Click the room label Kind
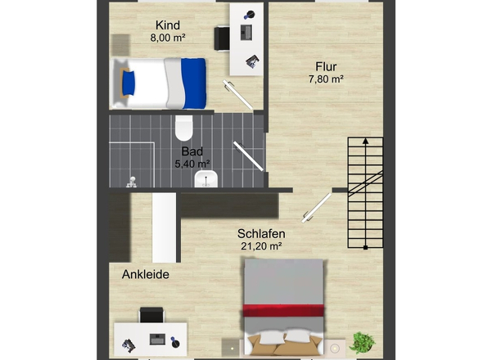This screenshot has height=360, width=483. (168, 25)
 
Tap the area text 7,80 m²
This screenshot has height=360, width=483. (326, 79)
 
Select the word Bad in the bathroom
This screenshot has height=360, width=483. (192, 151)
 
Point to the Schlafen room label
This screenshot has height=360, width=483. (261, 234)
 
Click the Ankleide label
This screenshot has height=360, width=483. (146, 274)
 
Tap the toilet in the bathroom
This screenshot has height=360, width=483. (184, 128)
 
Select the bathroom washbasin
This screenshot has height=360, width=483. (206, 179)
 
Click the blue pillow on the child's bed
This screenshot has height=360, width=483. (129, 83)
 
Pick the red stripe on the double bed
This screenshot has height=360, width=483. (283, 310)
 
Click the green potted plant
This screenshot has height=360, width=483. (362, 343)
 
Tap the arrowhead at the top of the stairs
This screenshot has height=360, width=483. (365, 141)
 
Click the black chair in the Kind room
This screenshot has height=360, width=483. (222, 38)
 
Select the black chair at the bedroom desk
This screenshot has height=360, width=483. (151, 314)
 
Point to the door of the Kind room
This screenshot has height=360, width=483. (237, 95)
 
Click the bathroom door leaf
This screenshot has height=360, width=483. (248, 156)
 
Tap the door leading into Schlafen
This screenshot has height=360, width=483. (317, 208)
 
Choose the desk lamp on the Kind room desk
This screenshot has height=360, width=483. (250, 15)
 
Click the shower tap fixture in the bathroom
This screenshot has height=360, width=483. (132, 182)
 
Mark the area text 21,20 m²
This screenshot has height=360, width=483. (261, 246)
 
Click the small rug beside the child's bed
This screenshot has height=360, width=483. (120, 45)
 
